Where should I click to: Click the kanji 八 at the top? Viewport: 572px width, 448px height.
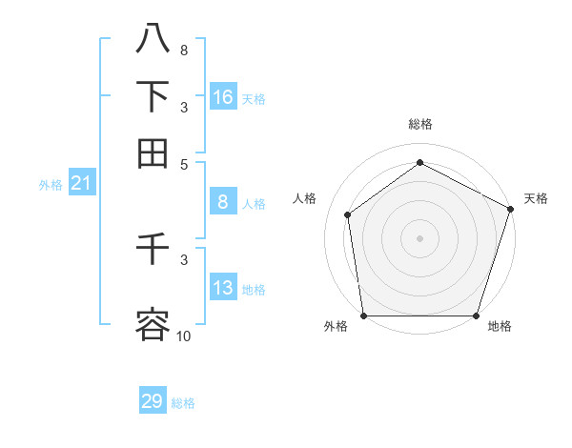tap(153, 39)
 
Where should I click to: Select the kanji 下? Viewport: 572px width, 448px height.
tap(153, 96)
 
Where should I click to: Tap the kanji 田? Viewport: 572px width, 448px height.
tap(153, 153)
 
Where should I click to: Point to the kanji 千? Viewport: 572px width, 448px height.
tap(153, 251)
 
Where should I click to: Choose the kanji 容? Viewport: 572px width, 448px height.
tap(153, 324)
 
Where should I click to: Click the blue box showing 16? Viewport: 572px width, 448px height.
tap(223, 97)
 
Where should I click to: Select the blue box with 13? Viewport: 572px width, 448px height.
tap(223, 289)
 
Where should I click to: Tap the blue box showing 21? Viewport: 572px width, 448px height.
tap(81, 184)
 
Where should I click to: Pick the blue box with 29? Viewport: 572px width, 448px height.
tap(153, 401)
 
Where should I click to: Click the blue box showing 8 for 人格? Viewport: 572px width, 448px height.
tap(223, 202)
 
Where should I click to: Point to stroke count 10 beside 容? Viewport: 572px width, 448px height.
tap(183, 335)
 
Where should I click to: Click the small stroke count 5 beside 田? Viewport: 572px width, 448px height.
tap(184, 163)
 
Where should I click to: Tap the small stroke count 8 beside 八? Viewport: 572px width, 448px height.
tap(184, 50)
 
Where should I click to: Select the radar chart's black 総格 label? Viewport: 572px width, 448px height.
tap(420, 124)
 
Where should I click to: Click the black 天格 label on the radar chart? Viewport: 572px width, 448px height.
tap(536, 198)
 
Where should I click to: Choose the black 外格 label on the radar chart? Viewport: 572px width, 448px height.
tap(336, 326)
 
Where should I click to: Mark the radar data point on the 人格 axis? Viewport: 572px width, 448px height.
tap(348, 214)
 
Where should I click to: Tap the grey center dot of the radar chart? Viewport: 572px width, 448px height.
tap(419, 238)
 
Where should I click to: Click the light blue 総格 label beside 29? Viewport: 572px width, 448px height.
tap(183, 403)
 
